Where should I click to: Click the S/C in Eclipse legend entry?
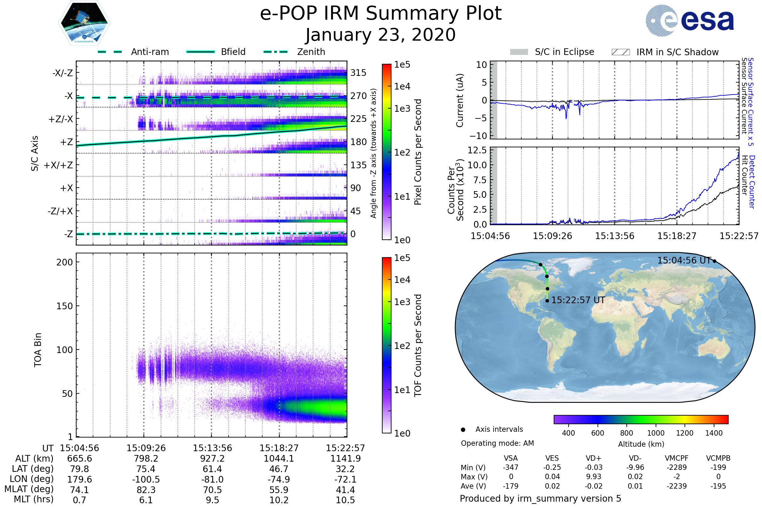(552, 52)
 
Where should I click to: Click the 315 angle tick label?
(358, 73)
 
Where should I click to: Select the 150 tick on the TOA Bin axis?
(65, 306)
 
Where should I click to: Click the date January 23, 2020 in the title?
(381, 35)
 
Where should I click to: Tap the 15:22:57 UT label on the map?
(578, 300)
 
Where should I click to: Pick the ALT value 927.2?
(212, 459)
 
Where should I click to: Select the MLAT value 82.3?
(146, 490)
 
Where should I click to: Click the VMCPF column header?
(677, 458)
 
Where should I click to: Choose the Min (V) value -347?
(511, 467)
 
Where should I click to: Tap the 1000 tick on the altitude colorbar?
(656, 433)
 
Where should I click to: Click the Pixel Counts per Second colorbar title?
(418, 152)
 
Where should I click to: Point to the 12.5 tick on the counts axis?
(477, 150)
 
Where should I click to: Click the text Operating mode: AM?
(497, 443)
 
